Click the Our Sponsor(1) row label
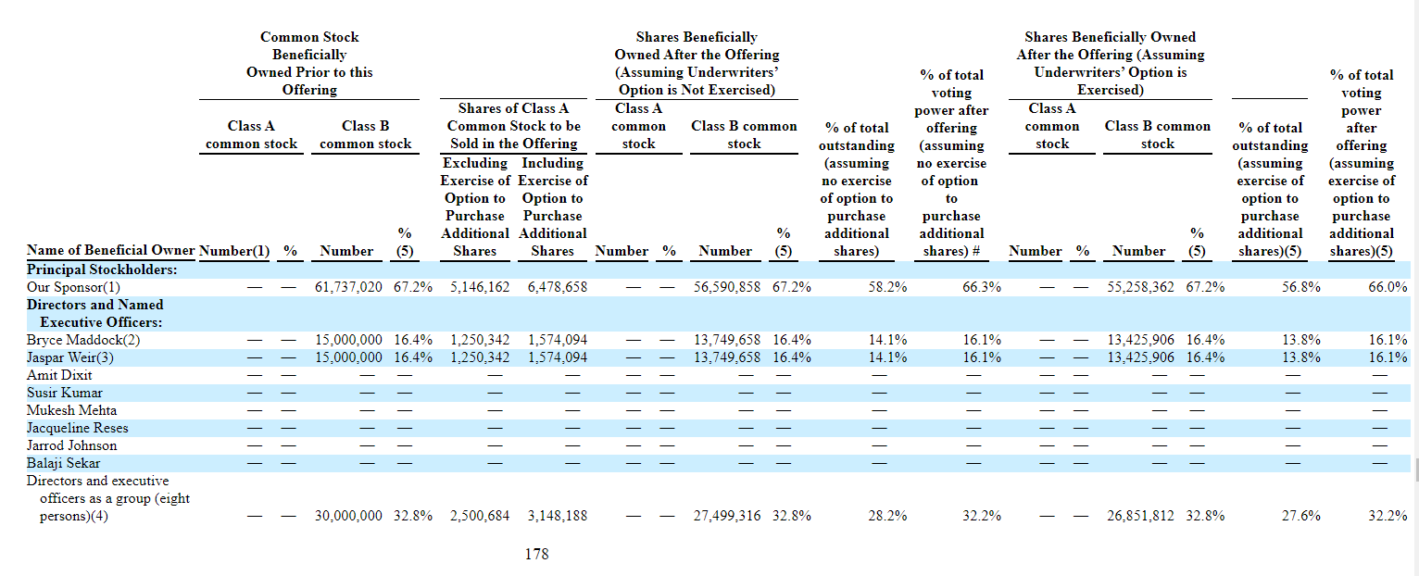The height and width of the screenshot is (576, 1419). pyautogui.click(x=73, y=287)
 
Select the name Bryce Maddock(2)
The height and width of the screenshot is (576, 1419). pyautogui.click(x=83, y=340)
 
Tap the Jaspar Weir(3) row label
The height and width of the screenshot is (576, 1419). pyautogui.click(x=69, y=357)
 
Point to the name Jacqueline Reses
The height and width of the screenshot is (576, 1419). pyautogui.click(x=77, y=428)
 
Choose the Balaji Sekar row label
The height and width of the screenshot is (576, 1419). pyautogui.click(x=63, y=463)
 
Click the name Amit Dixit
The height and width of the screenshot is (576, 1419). pyautogui.click(x=59, y=375)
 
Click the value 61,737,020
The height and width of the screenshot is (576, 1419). pyautogui.click(x=348, y=287)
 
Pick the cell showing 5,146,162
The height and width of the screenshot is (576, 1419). pyautogui.click(x=480, y=287)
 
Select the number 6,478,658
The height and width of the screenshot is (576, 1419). pyautogui.click(x=558, y=287)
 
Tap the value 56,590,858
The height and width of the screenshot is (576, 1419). pyautogui.click(x=726, y=287)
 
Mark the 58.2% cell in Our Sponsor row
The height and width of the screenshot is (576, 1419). pyautogui.click(x=887, y=287)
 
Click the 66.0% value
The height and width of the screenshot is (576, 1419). pyautogui.click(x=1388, y=287)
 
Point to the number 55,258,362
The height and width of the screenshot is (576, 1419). pyautogui.click(x=1140, y=287)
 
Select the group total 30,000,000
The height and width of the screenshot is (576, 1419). pyautogui.click(x=348, y=516)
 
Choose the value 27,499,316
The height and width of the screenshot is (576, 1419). pyautogui.click(x=726, y=516)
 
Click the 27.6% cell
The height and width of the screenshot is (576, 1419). pyautogui.click(x=1301, y=516)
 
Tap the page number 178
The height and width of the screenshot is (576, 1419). pyautogui.click(x=536, y=555)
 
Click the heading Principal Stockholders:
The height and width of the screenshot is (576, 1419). pyautogui.click(x=102, y=269)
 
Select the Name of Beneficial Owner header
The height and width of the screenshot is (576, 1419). pyautogui.click(x=110, y=250)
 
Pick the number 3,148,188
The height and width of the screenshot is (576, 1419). pyautogui.click(x=558, y=516)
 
